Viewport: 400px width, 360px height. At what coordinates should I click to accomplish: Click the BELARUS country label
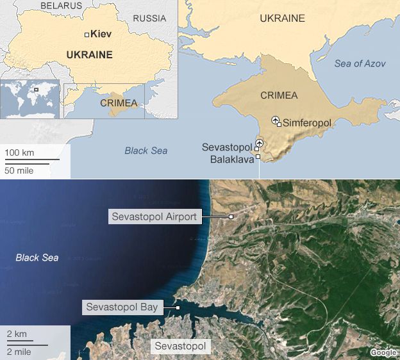coord(61,6)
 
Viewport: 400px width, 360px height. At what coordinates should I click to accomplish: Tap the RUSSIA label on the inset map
coord(149,19)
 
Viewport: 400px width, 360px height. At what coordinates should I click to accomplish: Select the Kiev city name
coord(102,34)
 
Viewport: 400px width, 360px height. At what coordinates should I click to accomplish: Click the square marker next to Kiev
coord(87,35)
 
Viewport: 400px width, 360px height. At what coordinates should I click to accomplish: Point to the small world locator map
coord(30,99)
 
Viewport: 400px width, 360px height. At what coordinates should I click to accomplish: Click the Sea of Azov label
coord(360,63)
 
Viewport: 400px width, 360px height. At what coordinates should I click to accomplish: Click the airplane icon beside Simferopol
coord(276,119)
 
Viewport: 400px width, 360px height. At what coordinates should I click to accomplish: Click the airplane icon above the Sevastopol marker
coord(259,142)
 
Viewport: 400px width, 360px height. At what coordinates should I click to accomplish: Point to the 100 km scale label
coord(19,152)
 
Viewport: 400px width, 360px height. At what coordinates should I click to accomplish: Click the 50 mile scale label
coord(19,170)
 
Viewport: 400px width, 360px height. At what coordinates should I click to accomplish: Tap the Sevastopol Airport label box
coord(154,217)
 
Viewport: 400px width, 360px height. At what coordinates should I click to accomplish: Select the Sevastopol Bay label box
coord(122,307)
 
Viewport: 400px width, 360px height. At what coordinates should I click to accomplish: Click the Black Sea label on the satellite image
coord(37,258)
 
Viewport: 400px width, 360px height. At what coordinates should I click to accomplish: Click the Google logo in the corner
coord(383,352)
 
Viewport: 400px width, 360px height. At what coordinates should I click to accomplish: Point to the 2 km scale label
coord(16,334)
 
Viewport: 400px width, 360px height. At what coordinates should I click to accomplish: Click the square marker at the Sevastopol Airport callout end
coord(231,217)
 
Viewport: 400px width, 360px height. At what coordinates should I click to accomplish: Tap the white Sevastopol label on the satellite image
coord(181,347)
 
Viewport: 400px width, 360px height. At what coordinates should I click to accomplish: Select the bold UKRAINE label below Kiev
coord(89,55)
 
